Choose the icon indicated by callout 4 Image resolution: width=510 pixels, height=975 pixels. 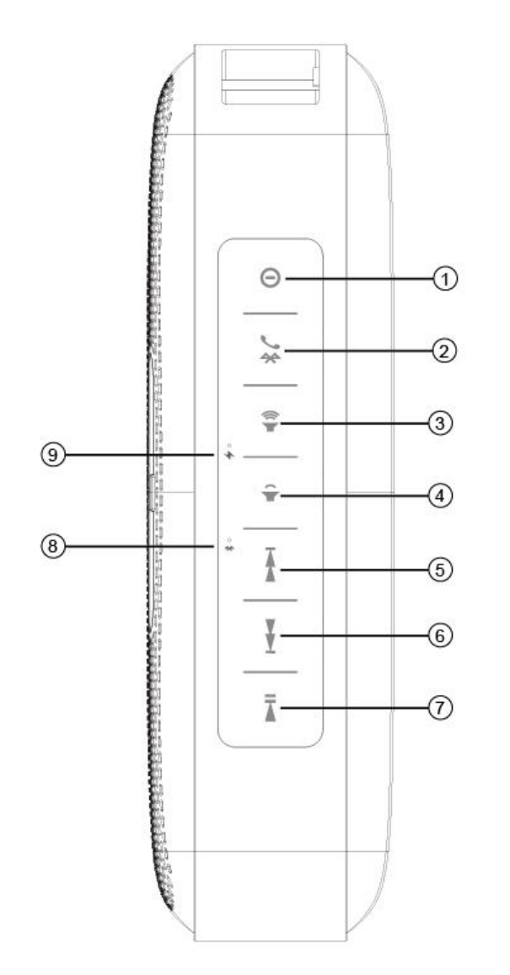tap(271, 494)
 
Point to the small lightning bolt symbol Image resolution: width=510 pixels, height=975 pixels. tap(228, 457)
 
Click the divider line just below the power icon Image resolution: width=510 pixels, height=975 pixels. tap(271, 313)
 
